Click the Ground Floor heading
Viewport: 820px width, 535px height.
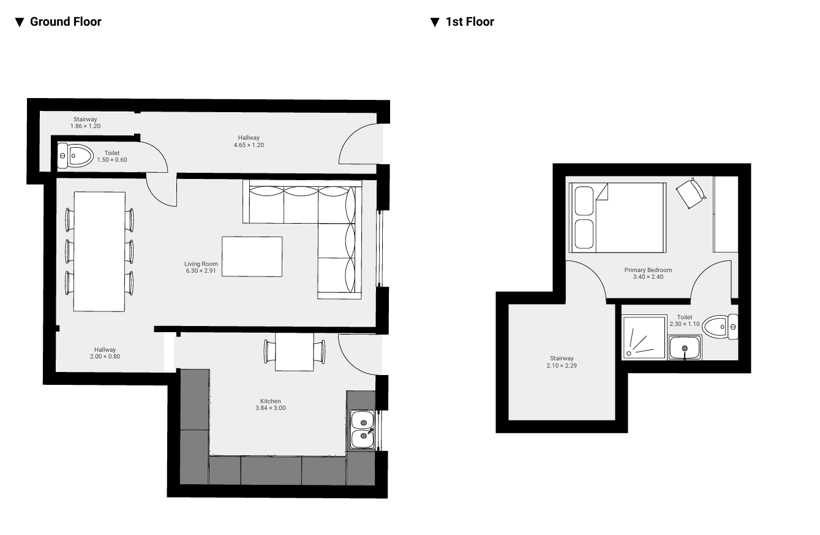[66, 21]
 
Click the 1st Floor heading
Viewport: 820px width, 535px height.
[470, 21]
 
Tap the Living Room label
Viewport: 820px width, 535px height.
[201, 264]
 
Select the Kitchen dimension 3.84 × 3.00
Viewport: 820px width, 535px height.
[271, 408]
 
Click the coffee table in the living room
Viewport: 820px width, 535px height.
[252, 257]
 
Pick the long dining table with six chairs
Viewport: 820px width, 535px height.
[99, 251]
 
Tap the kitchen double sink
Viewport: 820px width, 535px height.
[363, 429]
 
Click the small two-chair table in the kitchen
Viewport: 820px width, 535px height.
[295, 352]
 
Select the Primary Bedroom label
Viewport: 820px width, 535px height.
[648, 270]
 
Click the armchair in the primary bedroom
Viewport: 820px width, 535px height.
[691, 193]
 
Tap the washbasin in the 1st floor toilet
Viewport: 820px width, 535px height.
[685, 347]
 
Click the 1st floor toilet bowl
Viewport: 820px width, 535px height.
[720, 327]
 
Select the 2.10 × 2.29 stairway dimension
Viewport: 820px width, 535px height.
[562, 365]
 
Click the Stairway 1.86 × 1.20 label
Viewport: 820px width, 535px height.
[85, 123]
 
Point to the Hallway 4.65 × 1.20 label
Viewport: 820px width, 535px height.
[249, 141]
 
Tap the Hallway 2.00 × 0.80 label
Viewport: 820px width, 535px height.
[105, 353]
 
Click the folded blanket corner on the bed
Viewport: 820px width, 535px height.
[602, 192]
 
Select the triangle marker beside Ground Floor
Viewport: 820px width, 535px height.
[20, 22]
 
